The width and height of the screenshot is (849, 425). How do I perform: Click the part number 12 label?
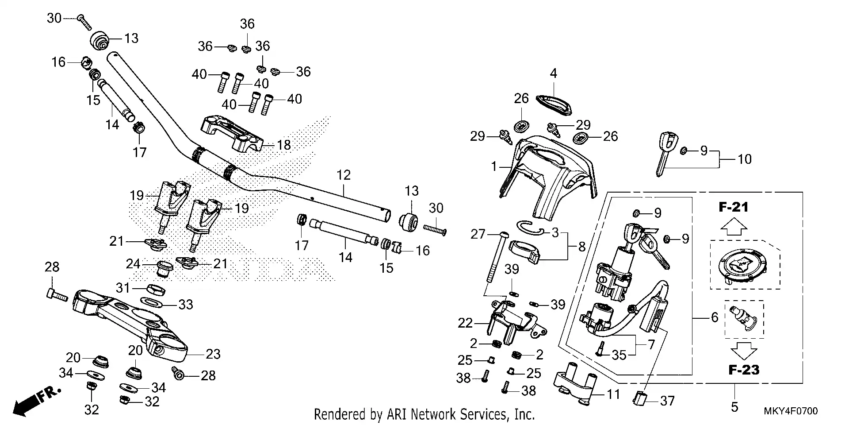coord(343,175)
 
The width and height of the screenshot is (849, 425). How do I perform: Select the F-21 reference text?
coord(733,207)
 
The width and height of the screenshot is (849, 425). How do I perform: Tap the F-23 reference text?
coord(744,370)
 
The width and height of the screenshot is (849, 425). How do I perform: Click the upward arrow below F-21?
coord(734,227)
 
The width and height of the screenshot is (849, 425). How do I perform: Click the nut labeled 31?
coord(156,290)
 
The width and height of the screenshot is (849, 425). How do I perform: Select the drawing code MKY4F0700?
coord(791,411)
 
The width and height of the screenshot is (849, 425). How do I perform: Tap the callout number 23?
coord(213,354)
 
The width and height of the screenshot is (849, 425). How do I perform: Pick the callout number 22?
coord(465,323)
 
